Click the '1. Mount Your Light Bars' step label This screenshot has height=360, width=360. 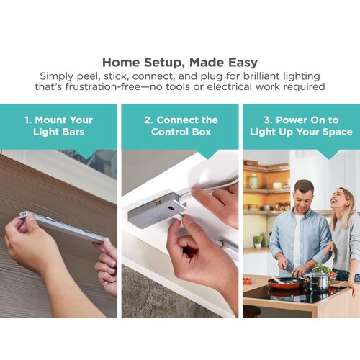tap(58, 125)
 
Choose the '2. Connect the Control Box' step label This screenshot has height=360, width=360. tap(179, 125)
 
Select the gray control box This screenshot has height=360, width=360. tap(155, 210)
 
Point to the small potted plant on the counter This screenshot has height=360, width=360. tap(258, 240)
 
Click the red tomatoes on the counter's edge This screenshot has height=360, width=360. tap(247, 281)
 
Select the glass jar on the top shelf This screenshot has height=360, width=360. tap(253, 181)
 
